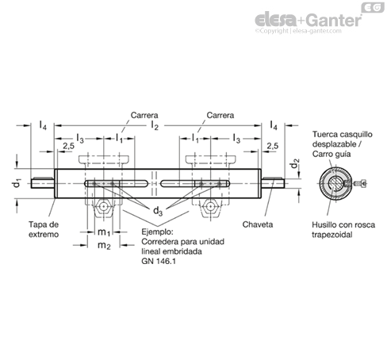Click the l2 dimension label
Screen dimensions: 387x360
point(155,125)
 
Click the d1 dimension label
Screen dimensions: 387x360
point(17,183)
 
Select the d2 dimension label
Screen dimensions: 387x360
point(294,163)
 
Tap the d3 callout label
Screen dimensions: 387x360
point(158,211)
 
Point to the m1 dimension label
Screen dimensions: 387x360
point(104,232)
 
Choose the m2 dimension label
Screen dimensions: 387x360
point(104,246)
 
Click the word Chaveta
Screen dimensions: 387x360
point(258,224)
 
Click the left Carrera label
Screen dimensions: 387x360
point(144,115)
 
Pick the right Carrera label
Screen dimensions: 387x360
point(220,115)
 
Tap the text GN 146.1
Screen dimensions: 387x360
point(159,261)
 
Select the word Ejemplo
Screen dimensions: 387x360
point(157,232)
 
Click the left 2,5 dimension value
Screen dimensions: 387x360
point(69,146)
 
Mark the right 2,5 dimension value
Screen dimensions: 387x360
point(273,146)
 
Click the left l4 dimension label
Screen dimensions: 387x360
point(43,124)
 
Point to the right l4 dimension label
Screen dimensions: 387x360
point(274,124)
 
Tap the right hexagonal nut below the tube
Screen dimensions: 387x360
point(210,206)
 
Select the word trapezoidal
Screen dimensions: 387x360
point(332,235)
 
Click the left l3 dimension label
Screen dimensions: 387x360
point(80,138)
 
